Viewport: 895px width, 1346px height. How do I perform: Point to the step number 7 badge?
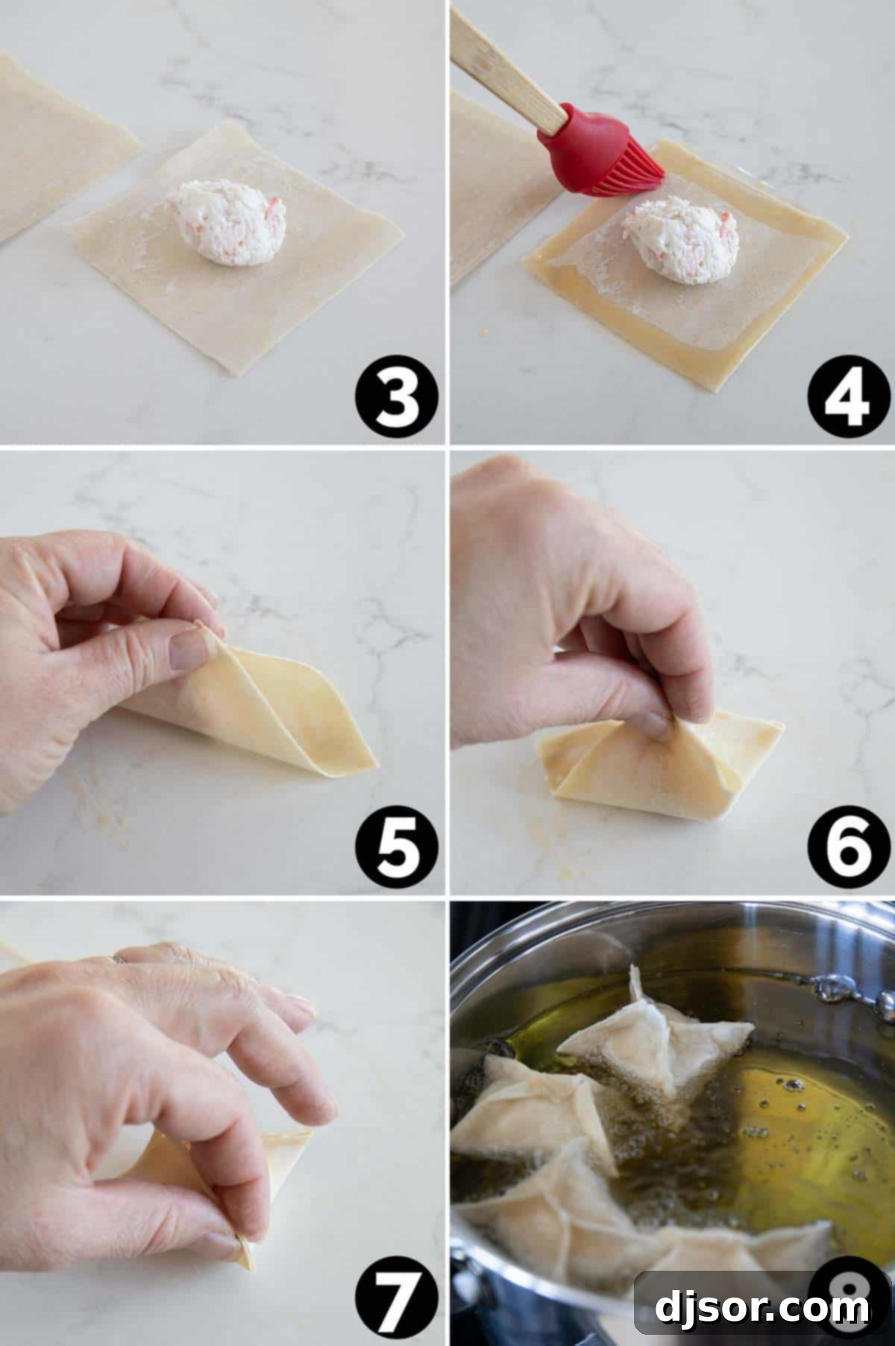coord(396,1300)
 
